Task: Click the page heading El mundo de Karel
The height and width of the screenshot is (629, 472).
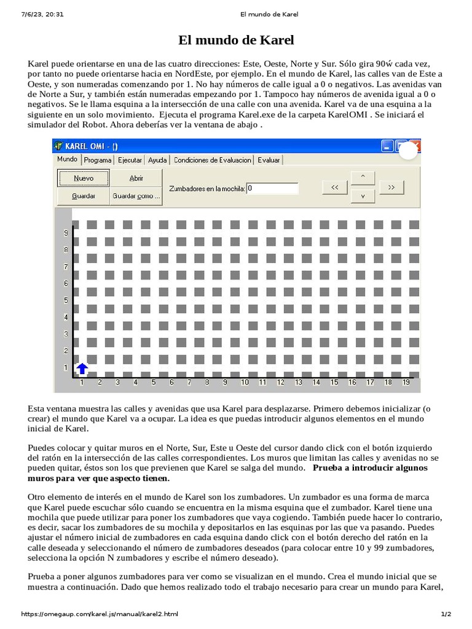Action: point(236,41)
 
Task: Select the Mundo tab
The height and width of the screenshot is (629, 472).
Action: point(67,159)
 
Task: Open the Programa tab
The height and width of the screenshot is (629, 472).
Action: point(98,160)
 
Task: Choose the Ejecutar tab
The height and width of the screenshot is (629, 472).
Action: point(130,160)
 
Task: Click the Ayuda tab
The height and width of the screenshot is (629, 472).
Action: point(157,160)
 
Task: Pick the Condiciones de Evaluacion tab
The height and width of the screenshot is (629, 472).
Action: point(212,160)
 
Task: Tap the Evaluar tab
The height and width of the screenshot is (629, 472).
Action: point(269,160)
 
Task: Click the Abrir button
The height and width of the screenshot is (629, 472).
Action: point(136,178)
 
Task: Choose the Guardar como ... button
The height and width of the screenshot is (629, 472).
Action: point(136,197)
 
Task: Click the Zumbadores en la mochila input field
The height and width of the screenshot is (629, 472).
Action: point(272,189)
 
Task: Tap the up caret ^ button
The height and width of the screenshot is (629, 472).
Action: point(363,177)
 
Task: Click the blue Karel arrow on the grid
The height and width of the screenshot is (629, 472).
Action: point(82,369)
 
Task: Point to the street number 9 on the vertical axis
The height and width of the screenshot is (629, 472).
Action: point(65,233)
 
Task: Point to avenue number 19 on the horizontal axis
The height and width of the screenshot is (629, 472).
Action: point(406,382)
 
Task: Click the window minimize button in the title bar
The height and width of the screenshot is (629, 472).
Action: point(387,146)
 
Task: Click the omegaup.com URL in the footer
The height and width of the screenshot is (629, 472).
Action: point(100,614)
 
